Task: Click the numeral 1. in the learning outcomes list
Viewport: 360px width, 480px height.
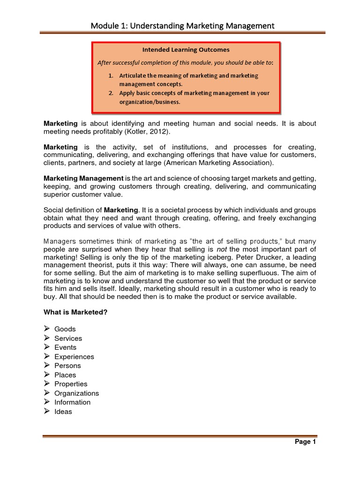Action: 111,75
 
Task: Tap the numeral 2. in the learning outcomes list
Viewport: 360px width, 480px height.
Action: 111,93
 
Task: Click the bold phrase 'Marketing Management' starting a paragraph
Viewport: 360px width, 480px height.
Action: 83,179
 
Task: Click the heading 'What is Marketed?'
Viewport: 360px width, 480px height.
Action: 76,312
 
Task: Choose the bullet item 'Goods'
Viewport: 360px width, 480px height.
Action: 65,329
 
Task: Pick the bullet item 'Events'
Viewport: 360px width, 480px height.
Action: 65,347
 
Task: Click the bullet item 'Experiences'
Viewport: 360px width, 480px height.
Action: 74,357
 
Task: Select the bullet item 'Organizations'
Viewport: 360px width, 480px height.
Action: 76,393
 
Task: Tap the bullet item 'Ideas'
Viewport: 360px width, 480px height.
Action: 63,412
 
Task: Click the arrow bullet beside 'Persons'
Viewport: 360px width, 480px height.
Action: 47,366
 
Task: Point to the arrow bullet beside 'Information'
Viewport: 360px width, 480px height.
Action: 47,402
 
